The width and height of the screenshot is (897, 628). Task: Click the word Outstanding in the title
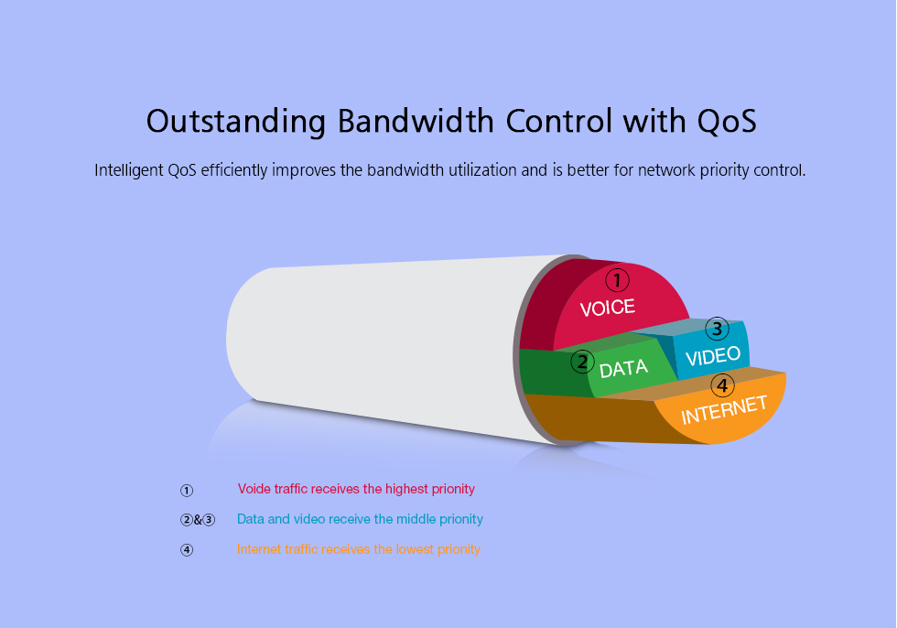[236, 122]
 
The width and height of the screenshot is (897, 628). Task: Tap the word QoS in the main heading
[727, 122]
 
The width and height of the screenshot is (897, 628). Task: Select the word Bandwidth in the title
[416, 121]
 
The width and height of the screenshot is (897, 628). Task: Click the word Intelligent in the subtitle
[129, 170]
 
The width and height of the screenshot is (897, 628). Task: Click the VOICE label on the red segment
[608, 308]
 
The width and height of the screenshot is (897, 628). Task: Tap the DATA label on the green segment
[623, 369]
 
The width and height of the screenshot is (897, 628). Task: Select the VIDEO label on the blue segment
[713, 356]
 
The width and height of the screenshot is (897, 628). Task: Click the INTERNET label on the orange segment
[724, 409]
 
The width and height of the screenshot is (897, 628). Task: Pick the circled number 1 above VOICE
[617, 280]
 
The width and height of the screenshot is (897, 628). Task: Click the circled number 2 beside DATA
[582, 362]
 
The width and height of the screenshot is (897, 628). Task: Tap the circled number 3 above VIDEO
[717, 329]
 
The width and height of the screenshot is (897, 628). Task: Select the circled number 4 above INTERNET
[722, 385]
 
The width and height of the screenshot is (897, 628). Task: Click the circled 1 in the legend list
[187, 490]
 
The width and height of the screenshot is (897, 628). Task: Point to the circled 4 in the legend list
[187, 549]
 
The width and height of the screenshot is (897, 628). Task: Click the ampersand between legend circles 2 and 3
[198, 520]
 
